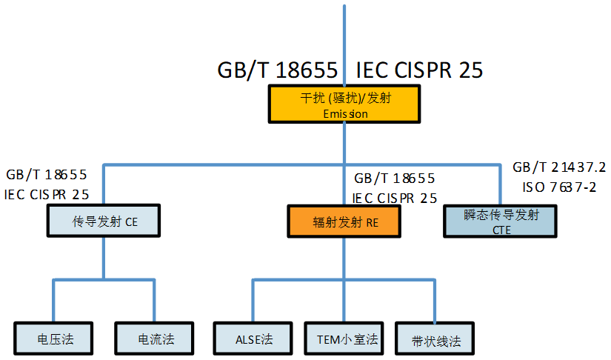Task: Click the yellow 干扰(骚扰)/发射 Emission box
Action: pos(345,104)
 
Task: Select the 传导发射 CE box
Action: pos(104,221)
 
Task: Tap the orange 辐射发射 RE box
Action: pos(345,221)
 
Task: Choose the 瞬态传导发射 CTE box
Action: pos(500,221)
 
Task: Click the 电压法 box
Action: pos(55,339)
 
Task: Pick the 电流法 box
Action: pos(156,339)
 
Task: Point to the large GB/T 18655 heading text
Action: pos(278,70)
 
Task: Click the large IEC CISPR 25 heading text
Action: pos(419,70)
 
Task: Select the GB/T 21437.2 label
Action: pos(559,169)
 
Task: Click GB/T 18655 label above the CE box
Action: pos(47,176)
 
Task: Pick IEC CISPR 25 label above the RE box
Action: pos(395,198)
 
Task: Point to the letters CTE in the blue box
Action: pos(501,230)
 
